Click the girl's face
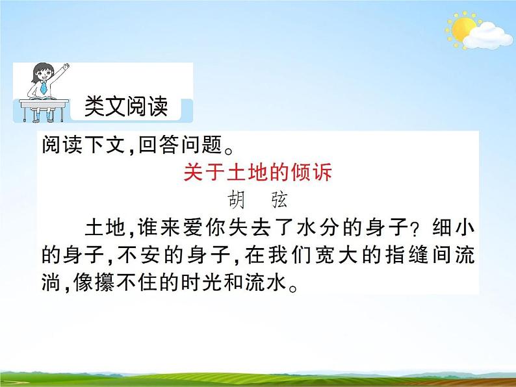[44, 73]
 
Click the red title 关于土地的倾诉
[258, 173]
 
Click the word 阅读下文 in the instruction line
[78, 145]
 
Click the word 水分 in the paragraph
[321, 229]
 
